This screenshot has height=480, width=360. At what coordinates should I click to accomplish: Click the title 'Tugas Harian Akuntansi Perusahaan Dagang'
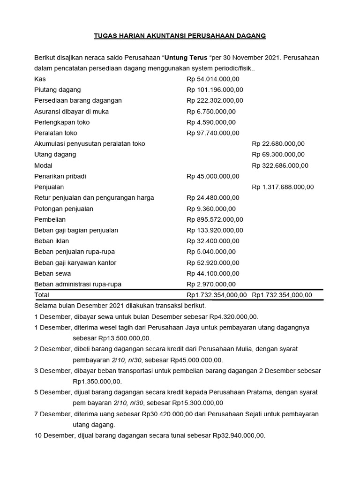[x=180, y=36]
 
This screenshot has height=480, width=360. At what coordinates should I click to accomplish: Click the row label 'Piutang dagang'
[x=58, y=90]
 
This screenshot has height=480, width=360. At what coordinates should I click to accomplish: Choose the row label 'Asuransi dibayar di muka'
[x=71, y=112]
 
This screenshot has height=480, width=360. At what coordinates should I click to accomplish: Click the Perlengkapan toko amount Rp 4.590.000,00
[x=211, y=122]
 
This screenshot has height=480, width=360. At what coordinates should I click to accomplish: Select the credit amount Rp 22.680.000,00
[x=278, y=144]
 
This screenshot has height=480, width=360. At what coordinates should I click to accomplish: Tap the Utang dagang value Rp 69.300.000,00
[x=278, y=155]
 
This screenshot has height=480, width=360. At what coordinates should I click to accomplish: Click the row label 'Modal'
[x=44, y=165]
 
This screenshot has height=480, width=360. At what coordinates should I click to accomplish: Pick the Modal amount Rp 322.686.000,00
[x=280, y=165]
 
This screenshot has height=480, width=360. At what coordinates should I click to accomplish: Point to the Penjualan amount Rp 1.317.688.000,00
[x=283, y=187]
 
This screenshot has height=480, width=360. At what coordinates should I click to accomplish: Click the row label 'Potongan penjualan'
[x=64, y=209]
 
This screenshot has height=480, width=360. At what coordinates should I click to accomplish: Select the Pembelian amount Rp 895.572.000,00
[x=215, y=219]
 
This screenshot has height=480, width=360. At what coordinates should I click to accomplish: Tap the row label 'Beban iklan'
[x=52, y=241]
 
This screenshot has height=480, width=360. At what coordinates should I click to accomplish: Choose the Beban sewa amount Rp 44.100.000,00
[x=213, y=273]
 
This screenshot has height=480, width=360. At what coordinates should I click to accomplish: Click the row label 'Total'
[x=42, y=295]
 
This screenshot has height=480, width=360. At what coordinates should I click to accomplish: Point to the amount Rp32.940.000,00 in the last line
[x=238, y=435]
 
